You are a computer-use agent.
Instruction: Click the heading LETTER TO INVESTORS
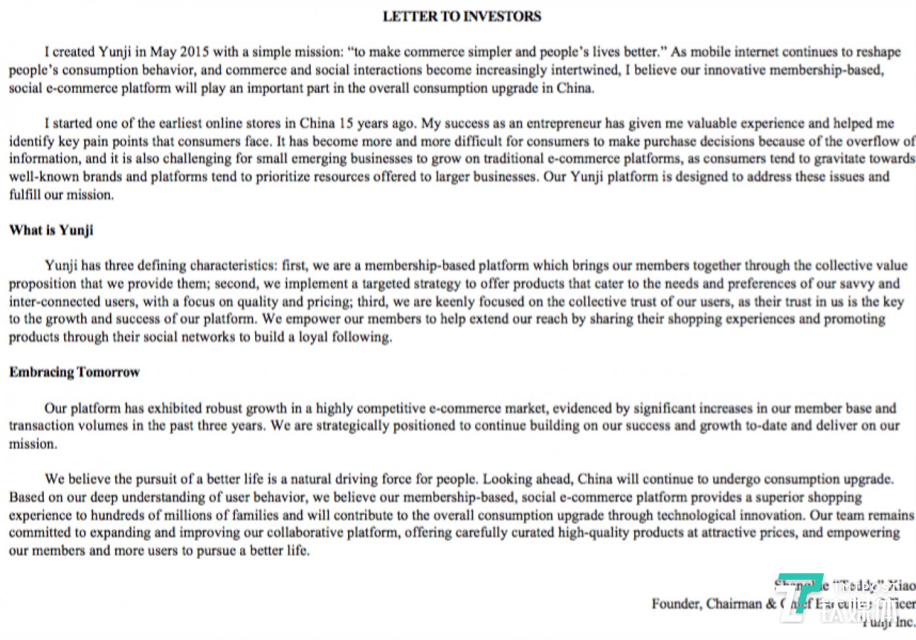[462, 16]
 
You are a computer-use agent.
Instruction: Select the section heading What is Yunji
[51, 230]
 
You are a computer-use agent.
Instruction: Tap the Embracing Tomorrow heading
[75, 372]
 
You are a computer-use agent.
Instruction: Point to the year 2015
[194, 52]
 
